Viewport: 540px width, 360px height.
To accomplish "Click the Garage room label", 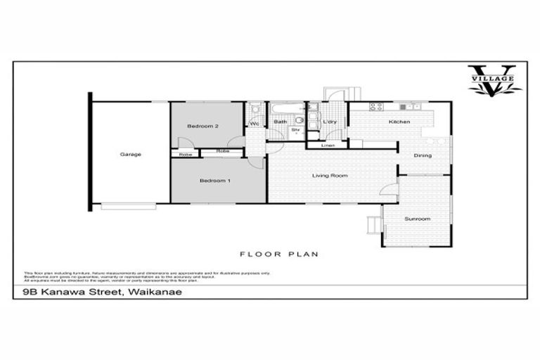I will (x=130, y=154).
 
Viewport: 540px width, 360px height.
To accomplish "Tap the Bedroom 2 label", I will (x=204, y=126).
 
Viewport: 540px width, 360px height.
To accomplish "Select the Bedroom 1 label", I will (x=214, y=181).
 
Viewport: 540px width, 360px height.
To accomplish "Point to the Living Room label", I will (x=330, y=175).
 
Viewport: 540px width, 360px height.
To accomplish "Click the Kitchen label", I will (x=399, y=122).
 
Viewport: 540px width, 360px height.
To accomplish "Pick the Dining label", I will (x=422, y=155).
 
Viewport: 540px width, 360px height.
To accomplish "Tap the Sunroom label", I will (x=416, y=219).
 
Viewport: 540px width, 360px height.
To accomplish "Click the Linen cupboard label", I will (x=328, y=146).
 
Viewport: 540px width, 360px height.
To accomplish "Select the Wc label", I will (x=255, y=124).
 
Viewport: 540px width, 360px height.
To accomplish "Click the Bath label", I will (x=280, y=122).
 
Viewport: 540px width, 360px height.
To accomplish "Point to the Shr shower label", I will (x=296, y=130).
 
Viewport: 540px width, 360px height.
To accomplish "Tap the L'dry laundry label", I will (x=329, y=122).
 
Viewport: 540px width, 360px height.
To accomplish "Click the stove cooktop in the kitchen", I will (x=376, y=107).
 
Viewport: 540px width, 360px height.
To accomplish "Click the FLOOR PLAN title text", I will (x=269, y=254).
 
